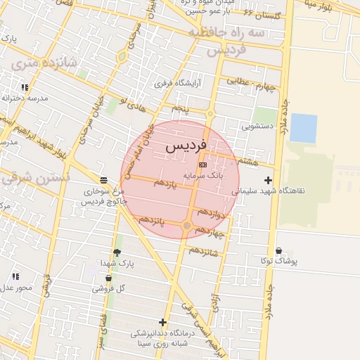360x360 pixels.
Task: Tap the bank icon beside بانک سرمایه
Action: pos(203,165)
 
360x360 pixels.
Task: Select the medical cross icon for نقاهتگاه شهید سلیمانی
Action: pos(268,181)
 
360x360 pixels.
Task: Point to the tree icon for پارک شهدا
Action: pos(117,252)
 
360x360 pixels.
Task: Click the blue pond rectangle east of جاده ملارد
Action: pos(303,128)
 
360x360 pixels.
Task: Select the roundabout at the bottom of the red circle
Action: pos(186,226)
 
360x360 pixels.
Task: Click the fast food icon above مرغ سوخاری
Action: pos(104,180)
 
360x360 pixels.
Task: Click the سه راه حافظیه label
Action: pos(233,32)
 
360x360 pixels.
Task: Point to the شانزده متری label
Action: pos(44,67)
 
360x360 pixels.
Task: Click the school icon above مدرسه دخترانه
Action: pos(25,88)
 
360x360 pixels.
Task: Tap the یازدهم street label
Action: pos(164,183)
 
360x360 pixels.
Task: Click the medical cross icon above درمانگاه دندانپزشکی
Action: pos(164,322)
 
